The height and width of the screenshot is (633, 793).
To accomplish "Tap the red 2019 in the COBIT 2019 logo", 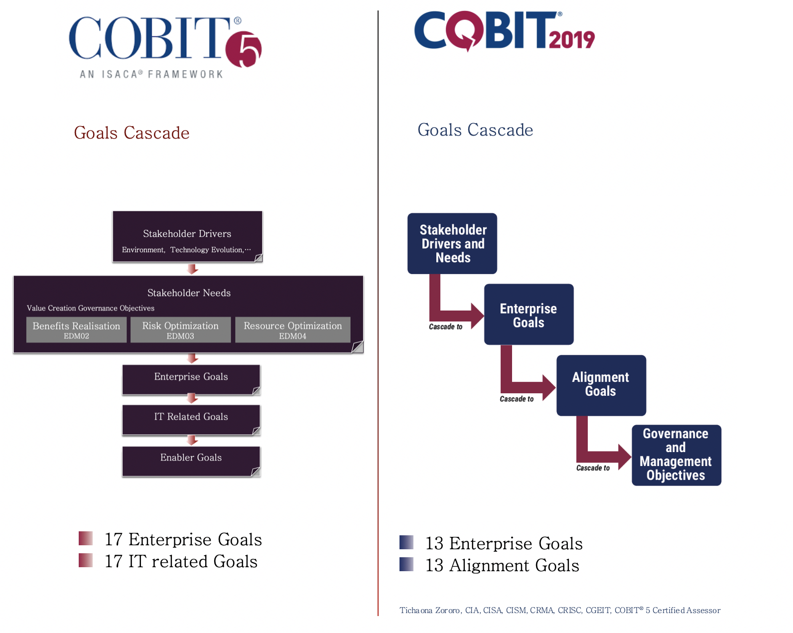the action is pos(571,40).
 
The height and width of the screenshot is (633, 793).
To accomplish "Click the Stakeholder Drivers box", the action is pos(187,236).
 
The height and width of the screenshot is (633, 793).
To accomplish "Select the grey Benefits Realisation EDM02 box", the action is pos(76,329).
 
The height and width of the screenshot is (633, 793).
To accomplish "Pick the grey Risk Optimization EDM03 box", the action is pos(180,329).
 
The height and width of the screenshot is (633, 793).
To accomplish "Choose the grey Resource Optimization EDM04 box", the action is pos(292,329).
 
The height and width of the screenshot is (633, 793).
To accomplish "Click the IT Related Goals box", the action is pos(191,420).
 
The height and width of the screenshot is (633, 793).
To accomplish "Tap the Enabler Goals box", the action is pos(191,461).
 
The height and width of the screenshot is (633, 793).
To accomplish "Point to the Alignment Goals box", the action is pos(601,385).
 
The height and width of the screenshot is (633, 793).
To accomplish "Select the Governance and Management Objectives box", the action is pos(676,455).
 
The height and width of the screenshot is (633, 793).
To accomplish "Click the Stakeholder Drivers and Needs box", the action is pos(452,243).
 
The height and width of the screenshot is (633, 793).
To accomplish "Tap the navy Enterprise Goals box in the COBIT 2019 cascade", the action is pos(529,314).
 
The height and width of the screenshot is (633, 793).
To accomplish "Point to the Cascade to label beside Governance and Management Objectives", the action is pos(593,468).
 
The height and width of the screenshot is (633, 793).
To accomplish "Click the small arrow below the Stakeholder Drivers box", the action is pos(192,269).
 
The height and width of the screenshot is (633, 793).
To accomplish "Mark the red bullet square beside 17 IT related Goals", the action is pos(86,560).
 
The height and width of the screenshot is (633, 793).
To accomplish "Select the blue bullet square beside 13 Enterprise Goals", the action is pos(406,542).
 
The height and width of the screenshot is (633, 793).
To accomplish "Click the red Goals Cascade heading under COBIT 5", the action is pos(132,133).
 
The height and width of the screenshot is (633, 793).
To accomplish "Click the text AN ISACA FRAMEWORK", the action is pos(151,74).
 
